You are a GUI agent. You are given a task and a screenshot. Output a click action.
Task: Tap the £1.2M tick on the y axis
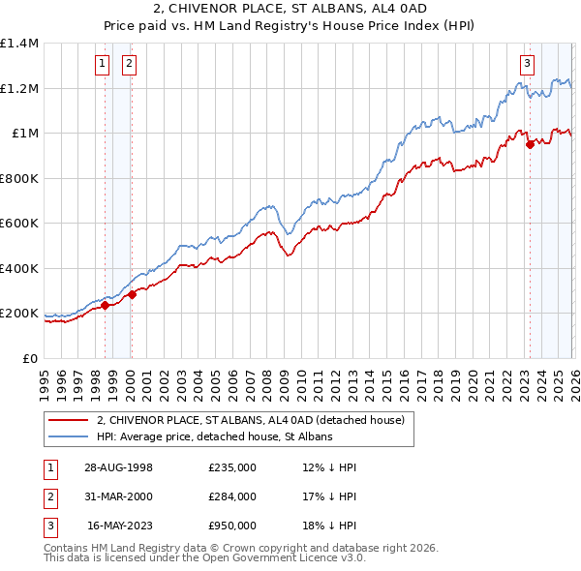click(x=20, y=88)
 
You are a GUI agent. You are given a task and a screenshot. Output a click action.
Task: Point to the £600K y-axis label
click(x=20, y=224)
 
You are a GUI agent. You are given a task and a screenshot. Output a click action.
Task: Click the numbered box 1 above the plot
click(x=103, y=65)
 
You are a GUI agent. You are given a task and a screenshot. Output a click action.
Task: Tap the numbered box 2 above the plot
click(x=129, y=65)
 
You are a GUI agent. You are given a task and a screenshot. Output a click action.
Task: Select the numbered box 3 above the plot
click(x=528, y=65)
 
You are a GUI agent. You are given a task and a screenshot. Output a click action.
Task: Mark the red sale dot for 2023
click(x=530, y=145)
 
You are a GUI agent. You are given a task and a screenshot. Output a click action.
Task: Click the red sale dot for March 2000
click(x=133, y=295)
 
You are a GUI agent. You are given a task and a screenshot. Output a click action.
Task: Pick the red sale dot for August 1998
click(x=106, y=306)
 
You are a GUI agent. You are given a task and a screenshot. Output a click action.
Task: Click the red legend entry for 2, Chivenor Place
click(x=257, y=420)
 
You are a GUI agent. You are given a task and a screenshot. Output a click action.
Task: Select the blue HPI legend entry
click(x=214, y=436)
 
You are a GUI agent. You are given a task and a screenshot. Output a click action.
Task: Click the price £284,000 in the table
click(x=231, y=496)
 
